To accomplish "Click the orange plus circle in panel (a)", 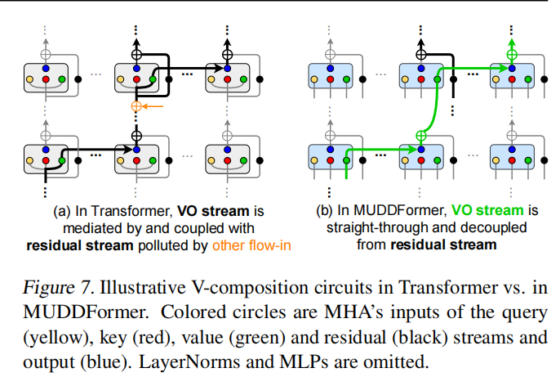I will (x=136, y=107).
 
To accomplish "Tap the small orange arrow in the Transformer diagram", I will (x=153, y=106).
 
